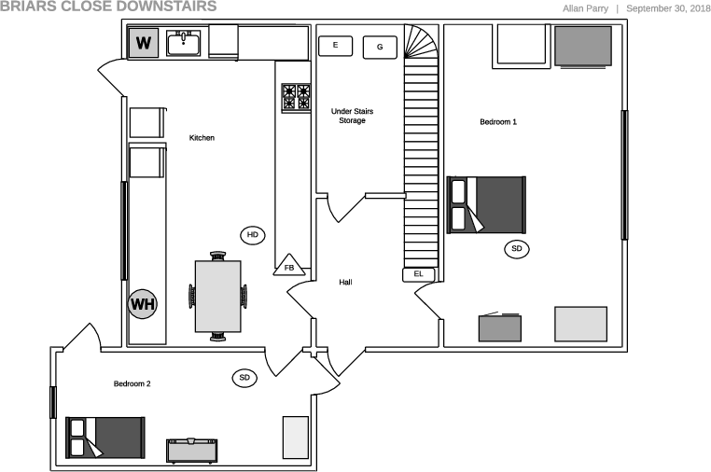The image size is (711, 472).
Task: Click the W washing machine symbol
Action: tap(143, 43)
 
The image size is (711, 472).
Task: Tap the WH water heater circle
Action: tap(143, 304)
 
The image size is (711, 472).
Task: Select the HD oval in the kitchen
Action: tap(252, 234)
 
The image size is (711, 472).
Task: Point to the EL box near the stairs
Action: tap(418, 274)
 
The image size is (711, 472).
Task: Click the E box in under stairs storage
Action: tap(335, 45)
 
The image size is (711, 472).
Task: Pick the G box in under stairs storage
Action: tap(380, 47)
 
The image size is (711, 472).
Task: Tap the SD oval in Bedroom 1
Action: tap(516, 249)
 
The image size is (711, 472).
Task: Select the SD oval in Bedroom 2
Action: tap(244, 378)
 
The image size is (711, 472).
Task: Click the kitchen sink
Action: tap(184, 43)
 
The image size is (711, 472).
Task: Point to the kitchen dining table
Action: tap(218, 295)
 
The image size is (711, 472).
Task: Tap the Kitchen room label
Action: tap(202, 138)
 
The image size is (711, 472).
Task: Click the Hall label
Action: tap(345, 282)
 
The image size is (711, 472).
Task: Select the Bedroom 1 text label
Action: tap(498, 122)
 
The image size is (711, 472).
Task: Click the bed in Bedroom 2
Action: tap(105, 437)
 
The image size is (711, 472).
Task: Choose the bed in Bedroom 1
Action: tap(487, 204)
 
